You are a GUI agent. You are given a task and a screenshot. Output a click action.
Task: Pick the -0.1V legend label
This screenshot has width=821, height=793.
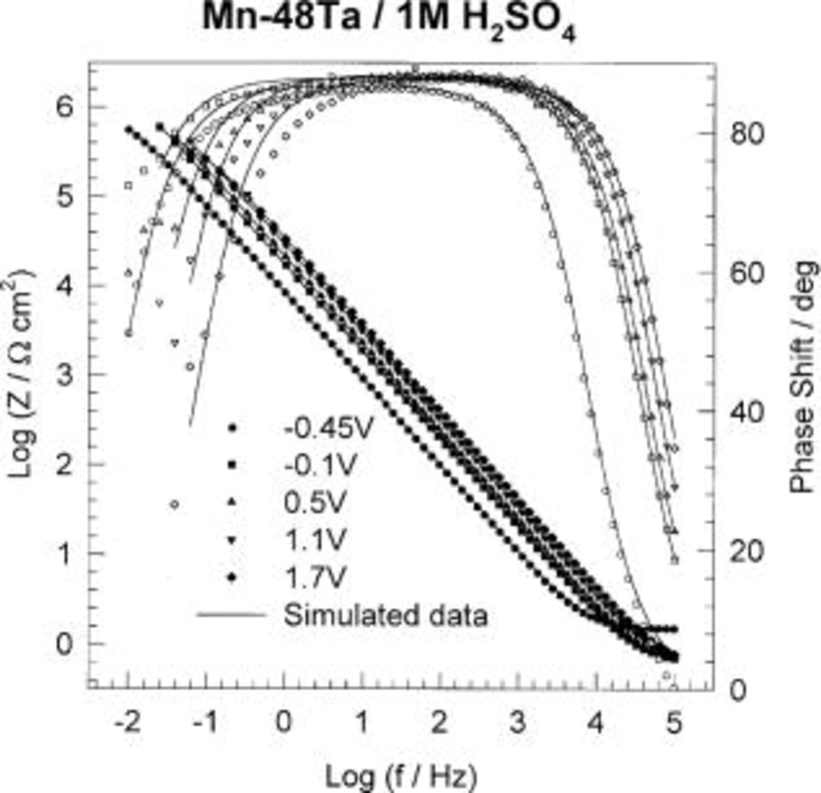(320, 465)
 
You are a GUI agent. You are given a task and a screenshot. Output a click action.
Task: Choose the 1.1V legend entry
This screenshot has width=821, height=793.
(315, 540)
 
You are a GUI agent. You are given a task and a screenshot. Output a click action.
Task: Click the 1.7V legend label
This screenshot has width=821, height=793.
(315, 578)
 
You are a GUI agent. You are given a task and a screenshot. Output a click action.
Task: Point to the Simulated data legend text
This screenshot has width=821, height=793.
(385, 615)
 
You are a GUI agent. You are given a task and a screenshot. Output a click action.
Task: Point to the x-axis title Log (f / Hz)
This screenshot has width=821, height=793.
(401, 776)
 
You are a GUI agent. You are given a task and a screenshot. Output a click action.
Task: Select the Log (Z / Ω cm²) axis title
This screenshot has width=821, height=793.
(21, 374)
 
